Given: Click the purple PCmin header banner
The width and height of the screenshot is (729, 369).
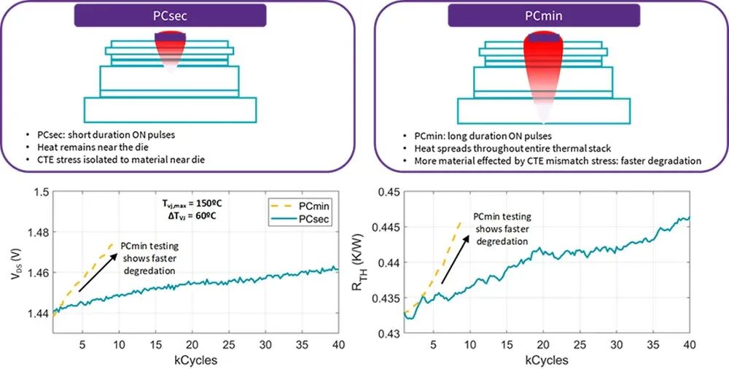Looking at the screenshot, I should (x=544, y=15).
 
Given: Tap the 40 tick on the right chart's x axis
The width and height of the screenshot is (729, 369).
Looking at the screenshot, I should (x=685, y=345).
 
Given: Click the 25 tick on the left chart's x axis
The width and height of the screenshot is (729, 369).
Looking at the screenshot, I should (x=227, y=345).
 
